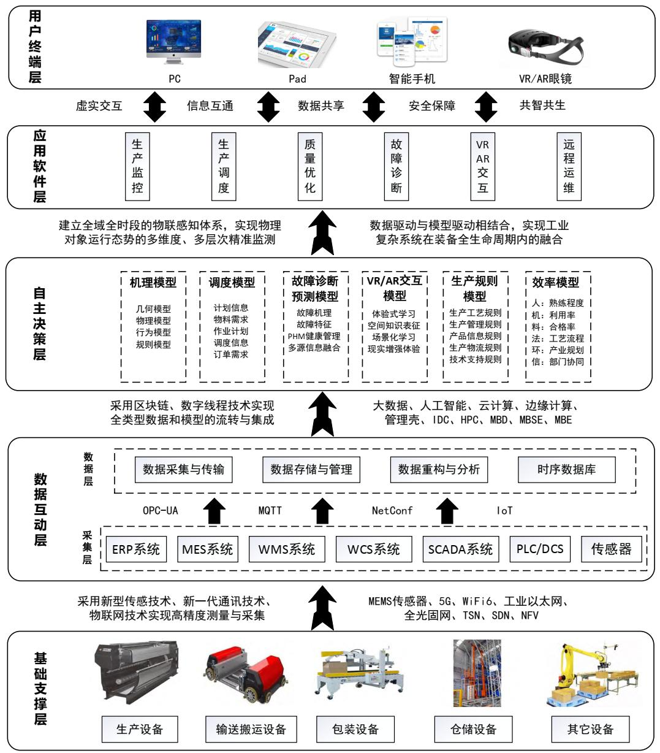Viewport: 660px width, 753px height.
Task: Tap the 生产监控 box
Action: coord(137,166)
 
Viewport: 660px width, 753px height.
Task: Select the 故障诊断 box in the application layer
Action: coord(396,166)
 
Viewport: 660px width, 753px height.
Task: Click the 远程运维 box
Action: coord(569,166)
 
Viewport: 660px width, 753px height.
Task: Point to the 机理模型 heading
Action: coord(153,283)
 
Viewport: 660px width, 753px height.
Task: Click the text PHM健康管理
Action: coord(314,337)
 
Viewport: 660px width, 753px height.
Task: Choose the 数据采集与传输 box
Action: coord(183,470)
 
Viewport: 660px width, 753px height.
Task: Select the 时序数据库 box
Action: coord(566,470)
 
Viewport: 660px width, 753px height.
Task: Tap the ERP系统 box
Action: coord(136,549)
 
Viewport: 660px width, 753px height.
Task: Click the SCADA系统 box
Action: coord(460,549)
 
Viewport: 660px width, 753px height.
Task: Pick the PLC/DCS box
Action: coord(540,549)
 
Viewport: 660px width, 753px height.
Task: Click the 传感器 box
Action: coord(611,549)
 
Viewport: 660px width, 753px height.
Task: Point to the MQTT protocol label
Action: coord(270,510)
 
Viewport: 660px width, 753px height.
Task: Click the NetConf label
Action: coord(392,510)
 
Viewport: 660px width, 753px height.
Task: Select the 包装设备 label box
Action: coord(355,729)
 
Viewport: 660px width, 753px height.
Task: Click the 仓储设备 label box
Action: coord(473,729)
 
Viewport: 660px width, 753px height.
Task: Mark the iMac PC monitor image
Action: coord(174,42)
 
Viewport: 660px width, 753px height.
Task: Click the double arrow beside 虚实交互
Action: coord(154,106)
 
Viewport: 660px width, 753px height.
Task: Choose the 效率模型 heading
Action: coord(555,283)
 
